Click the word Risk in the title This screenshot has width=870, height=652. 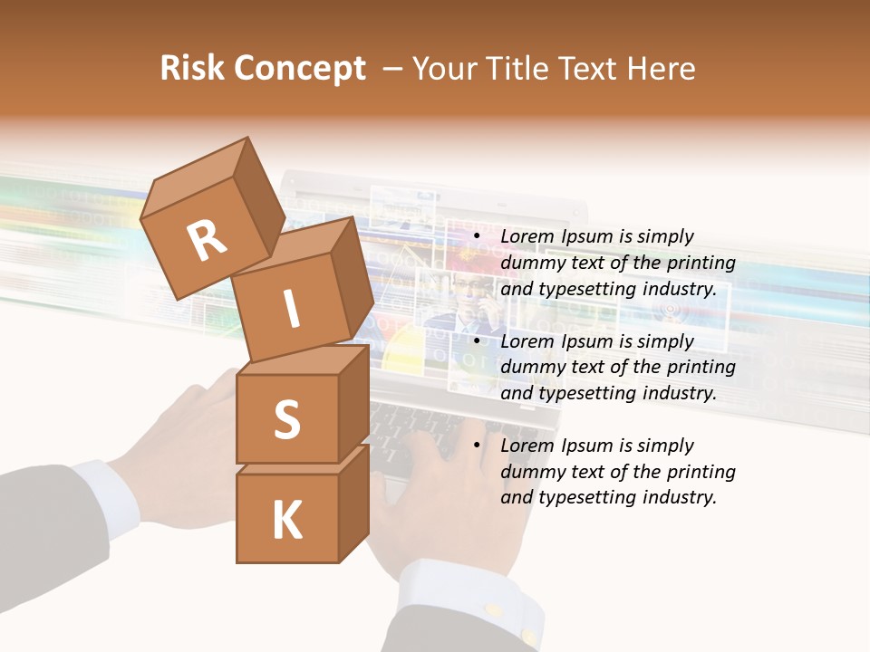pyautogui.click(x=192, y=69)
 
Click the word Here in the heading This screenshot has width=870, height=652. pyautogui.click(x=663, y=69)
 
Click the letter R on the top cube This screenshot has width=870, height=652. pyautogui.click(x=207, y=241)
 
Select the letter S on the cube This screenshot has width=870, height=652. pyautogui.click(x=286, y=419)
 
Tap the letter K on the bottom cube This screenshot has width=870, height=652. pyautogui.click(x=287, y=520)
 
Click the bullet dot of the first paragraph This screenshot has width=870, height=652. pyautogui.click(x=477, y=236)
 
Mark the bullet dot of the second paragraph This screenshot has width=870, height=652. pyautogui.click(x=477, y=341)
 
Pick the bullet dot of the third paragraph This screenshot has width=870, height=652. pyautogui.click(x=477, y=446)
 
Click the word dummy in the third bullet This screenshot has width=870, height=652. pyautogui.click(x=530, y=472)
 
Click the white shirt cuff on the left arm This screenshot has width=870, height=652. pyautogui.click(x=105, y=494)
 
